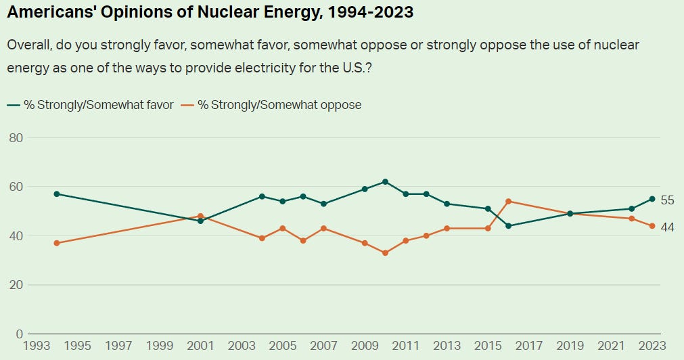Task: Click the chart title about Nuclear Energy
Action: pos(210,12)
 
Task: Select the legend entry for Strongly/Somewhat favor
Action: pos(91,105)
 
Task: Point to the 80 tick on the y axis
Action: pos(16,138)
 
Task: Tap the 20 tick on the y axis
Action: pos(16,285)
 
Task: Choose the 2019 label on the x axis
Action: pos(570,346)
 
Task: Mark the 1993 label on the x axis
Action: pos(36,346)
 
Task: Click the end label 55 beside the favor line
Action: pos(667,200)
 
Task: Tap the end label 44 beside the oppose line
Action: pos(667,227)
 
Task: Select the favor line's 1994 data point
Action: pos(57,194)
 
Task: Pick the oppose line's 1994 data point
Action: pos(57,243)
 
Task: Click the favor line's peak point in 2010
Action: pos(385,182)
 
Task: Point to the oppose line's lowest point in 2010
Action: pos(385,253)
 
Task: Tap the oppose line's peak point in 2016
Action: pos(508,202)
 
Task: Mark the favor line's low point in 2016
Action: pos(508,226)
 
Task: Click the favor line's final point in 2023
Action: pos(652,199)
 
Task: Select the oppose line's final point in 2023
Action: pos(652,226)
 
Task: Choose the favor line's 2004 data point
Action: pos(262,197)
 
